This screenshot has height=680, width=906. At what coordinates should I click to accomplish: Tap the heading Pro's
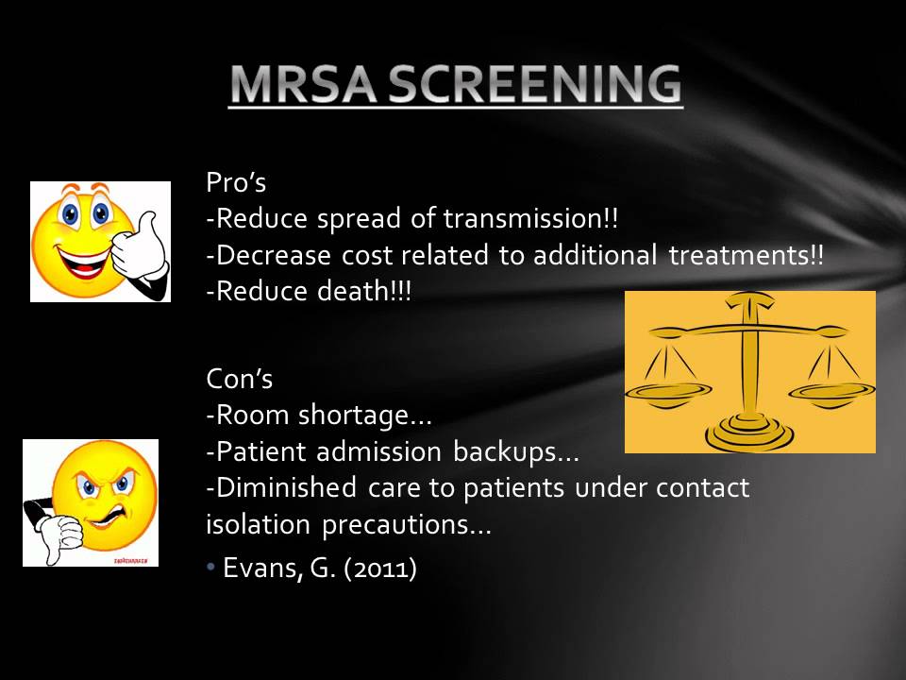236,183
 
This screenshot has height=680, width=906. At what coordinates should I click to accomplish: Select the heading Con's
240,380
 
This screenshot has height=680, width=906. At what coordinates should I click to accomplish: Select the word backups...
510,452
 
